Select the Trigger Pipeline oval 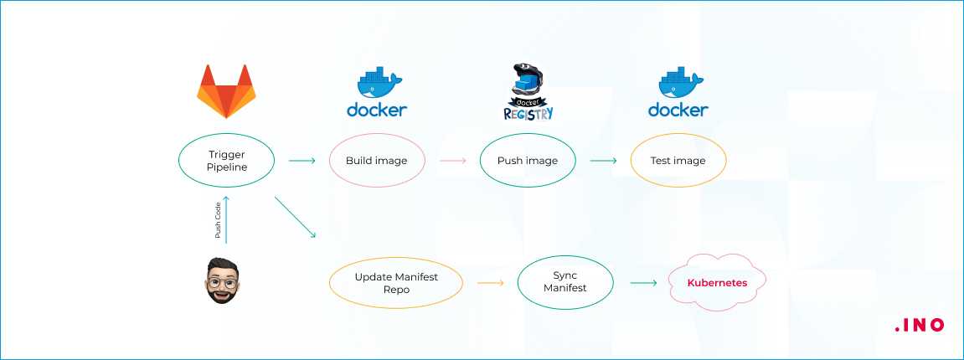coord(226,160)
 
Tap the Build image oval coord(376,160)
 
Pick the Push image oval coord(528,160)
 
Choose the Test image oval coord(678,160)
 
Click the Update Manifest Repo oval coord(395,282)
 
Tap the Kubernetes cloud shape coord(717,283)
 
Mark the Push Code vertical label coord(218,221)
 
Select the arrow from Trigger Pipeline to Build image coord(302,159)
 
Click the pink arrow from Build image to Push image coord(452,159)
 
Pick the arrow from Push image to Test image coord(603,159)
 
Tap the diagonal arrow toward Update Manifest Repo coord(295,218)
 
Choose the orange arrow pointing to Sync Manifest coord(490,283)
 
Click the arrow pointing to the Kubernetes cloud coord(643,283)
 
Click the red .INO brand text coord(918,325)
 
